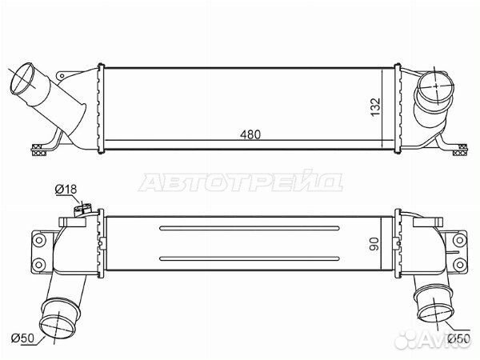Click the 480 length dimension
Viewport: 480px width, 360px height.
click(x=250, y=134)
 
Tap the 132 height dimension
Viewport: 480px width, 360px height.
click(x=375, y=107)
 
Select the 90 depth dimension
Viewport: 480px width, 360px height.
click(x=374, y=244)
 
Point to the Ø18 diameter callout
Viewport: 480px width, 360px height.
click(x=66, y=190)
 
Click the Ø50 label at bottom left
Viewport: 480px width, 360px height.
click(x=22, y=338)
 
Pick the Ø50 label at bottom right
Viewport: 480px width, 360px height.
click(x=458, y=338)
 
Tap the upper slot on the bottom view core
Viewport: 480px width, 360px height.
click(x=250, y=228)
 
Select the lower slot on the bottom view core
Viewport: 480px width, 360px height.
click(x=250, y=258)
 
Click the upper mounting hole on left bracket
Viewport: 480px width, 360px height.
click(x=39, y=240)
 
